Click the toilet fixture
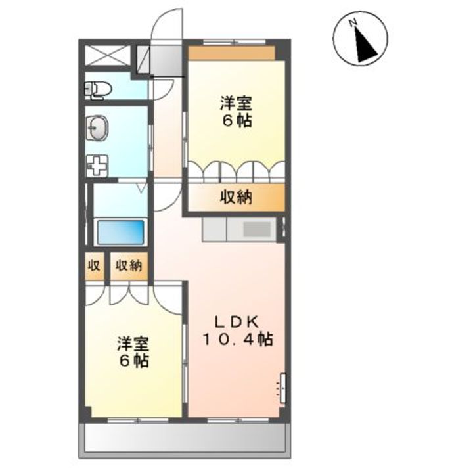coord(98,89)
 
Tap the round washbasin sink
coord(97,128)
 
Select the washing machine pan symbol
coord(97,166)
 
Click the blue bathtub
coord(120,233)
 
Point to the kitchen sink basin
coord(257,229)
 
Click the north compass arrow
coord(366,45)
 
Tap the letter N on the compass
coord(351,22)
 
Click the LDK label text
coord(236,323)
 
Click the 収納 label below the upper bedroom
coord(236,198)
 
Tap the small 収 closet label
coord(94,266)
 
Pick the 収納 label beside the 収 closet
coord(129,266)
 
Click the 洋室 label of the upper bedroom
coord(236,104)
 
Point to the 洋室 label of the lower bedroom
coord(133,344)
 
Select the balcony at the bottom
coord(185,437)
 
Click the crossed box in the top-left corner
coord(107,55)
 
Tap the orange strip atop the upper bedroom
coord(232,53)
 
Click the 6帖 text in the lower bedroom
coord(133,361)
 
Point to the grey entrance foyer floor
coord(166,60)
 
